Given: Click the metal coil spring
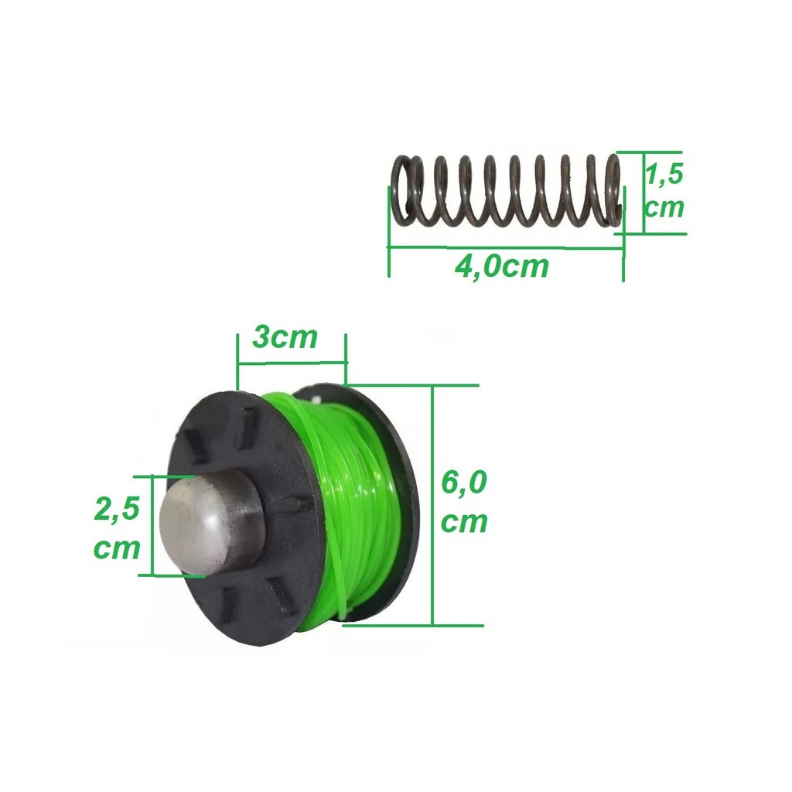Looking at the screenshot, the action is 507,190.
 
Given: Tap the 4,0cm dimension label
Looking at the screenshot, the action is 501,266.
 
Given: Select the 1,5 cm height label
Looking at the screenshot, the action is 664,190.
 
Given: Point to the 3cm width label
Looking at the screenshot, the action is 285,337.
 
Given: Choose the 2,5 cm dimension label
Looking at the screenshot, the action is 117,528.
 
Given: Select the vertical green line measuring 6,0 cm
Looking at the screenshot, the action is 432,505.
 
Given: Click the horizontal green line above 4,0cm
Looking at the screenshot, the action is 505,247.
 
